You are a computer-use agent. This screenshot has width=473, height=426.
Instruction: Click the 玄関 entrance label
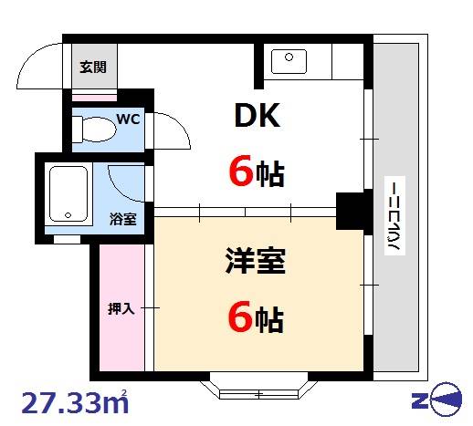click(92, 67)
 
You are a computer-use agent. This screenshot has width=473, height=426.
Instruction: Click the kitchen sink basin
click(289, 63)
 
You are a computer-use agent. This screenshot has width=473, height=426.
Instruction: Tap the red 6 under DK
click(239, 171)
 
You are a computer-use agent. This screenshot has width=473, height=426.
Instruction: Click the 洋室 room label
click(256, 263)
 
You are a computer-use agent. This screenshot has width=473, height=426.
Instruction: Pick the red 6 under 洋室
click(239, 317)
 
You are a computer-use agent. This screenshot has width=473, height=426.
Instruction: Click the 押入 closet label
click(121, 309)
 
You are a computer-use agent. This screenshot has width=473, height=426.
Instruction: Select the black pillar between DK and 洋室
click(350, 212)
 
